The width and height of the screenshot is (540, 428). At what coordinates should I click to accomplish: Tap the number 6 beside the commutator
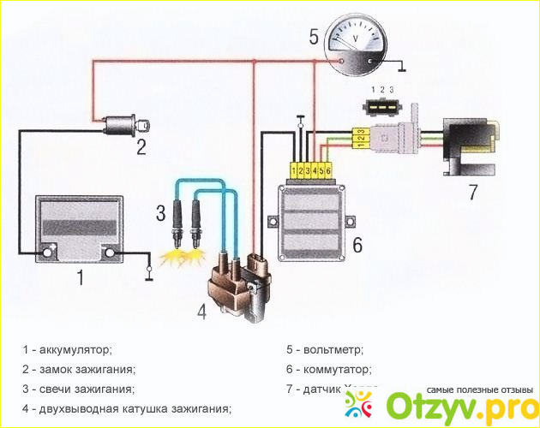357,245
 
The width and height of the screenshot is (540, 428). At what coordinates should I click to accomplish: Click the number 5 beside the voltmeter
314,37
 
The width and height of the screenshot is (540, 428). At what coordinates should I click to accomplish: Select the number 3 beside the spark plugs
160,212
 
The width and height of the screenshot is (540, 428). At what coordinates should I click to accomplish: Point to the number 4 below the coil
201,312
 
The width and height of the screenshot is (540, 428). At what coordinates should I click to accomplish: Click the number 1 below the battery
81,276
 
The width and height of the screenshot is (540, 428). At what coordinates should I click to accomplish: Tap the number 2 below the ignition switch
141,146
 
